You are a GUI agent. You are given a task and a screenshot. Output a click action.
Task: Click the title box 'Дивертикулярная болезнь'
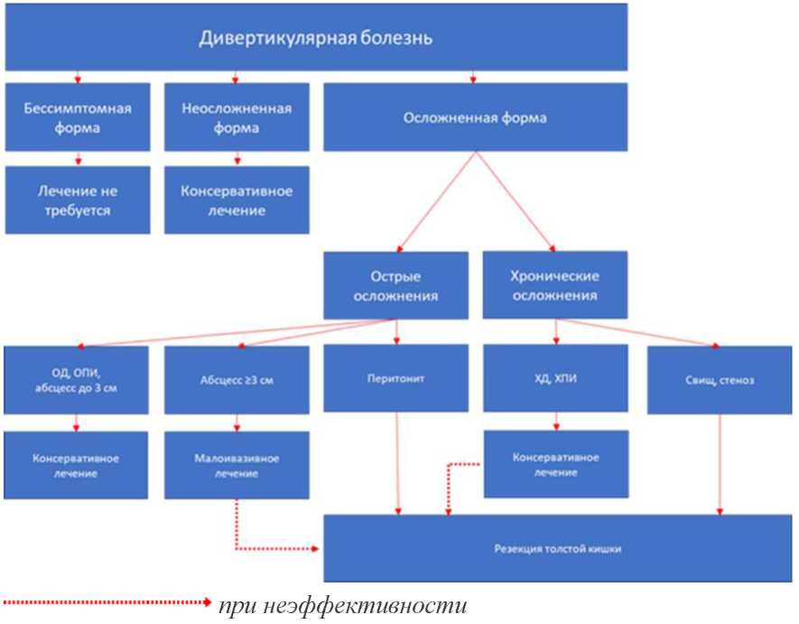[316, 37]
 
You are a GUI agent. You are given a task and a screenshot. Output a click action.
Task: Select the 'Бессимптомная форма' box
[78, 117]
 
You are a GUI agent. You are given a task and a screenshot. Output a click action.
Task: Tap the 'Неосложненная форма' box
[237, 117]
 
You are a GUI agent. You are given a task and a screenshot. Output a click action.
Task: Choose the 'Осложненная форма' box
[476, 117]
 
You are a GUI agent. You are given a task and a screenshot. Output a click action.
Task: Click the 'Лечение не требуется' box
[78, 200]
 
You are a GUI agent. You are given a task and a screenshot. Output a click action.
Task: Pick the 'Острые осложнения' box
[396, 285]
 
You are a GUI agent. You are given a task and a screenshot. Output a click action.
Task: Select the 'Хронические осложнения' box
[555, 285]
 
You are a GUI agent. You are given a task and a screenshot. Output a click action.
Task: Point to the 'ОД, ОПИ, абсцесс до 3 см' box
[76, 380]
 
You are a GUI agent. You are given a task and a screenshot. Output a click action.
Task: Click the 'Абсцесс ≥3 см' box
[237, 380]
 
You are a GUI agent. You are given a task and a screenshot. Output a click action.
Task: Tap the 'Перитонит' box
[396, 378]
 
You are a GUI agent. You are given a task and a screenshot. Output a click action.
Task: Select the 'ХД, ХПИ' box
[555, 378]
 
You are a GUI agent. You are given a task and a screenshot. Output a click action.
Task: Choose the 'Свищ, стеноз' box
[720, 380]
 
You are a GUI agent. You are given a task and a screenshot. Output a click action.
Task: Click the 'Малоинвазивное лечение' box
[237, 465]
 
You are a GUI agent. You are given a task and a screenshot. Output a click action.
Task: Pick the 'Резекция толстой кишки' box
[557, 548]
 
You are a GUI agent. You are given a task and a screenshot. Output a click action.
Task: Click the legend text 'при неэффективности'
[342, 606]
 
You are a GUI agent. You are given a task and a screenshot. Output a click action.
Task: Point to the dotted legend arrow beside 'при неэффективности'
[107, 602]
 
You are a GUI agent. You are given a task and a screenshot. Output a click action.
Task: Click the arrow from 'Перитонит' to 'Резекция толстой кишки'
[397, 463]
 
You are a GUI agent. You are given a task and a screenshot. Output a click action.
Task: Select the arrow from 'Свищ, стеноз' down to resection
[720, 464]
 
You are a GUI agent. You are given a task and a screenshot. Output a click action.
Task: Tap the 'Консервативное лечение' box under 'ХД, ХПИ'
[556, 464]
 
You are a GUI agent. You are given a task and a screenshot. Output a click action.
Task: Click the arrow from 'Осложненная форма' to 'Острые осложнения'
[437, 202]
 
